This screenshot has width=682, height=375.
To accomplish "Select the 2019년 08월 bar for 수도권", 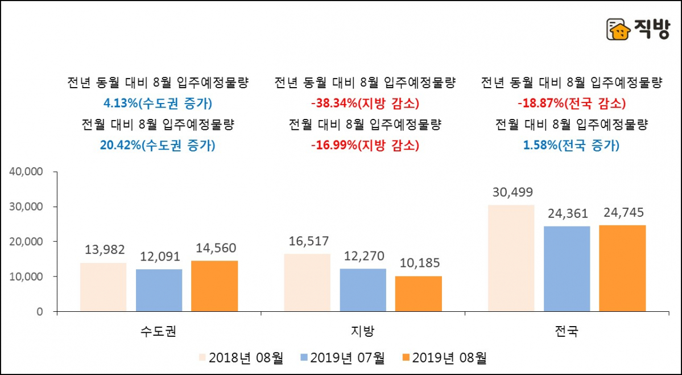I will (214, 286).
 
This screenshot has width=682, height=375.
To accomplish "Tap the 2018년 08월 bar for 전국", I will (511, 258).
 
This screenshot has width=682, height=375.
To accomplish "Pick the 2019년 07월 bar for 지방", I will (363, 290).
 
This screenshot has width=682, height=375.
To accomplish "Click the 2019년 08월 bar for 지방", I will (418, 294).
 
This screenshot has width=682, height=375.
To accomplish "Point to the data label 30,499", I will (511, 192).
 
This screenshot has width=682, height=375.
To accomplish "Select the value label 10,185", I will (418, 264).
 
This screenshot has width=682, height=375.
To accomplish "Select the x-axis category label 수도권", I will (159, 331).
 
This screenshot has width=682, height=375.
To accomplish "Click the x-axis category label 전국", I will (566, 331).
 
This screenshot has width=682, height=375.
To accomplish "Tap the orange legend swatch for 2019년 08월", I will (405, 358).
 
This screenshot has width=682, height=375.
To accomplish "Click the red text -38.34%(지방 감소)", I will (365, 104).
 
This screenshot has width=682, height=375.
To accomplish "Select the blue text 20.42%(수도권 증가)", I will (158, 145).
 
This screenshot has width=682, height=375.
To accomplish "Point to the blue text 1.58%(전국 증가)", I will (571, 145).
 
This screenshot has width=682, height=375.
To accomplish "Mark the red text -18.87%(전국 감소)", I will (571, 104).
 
